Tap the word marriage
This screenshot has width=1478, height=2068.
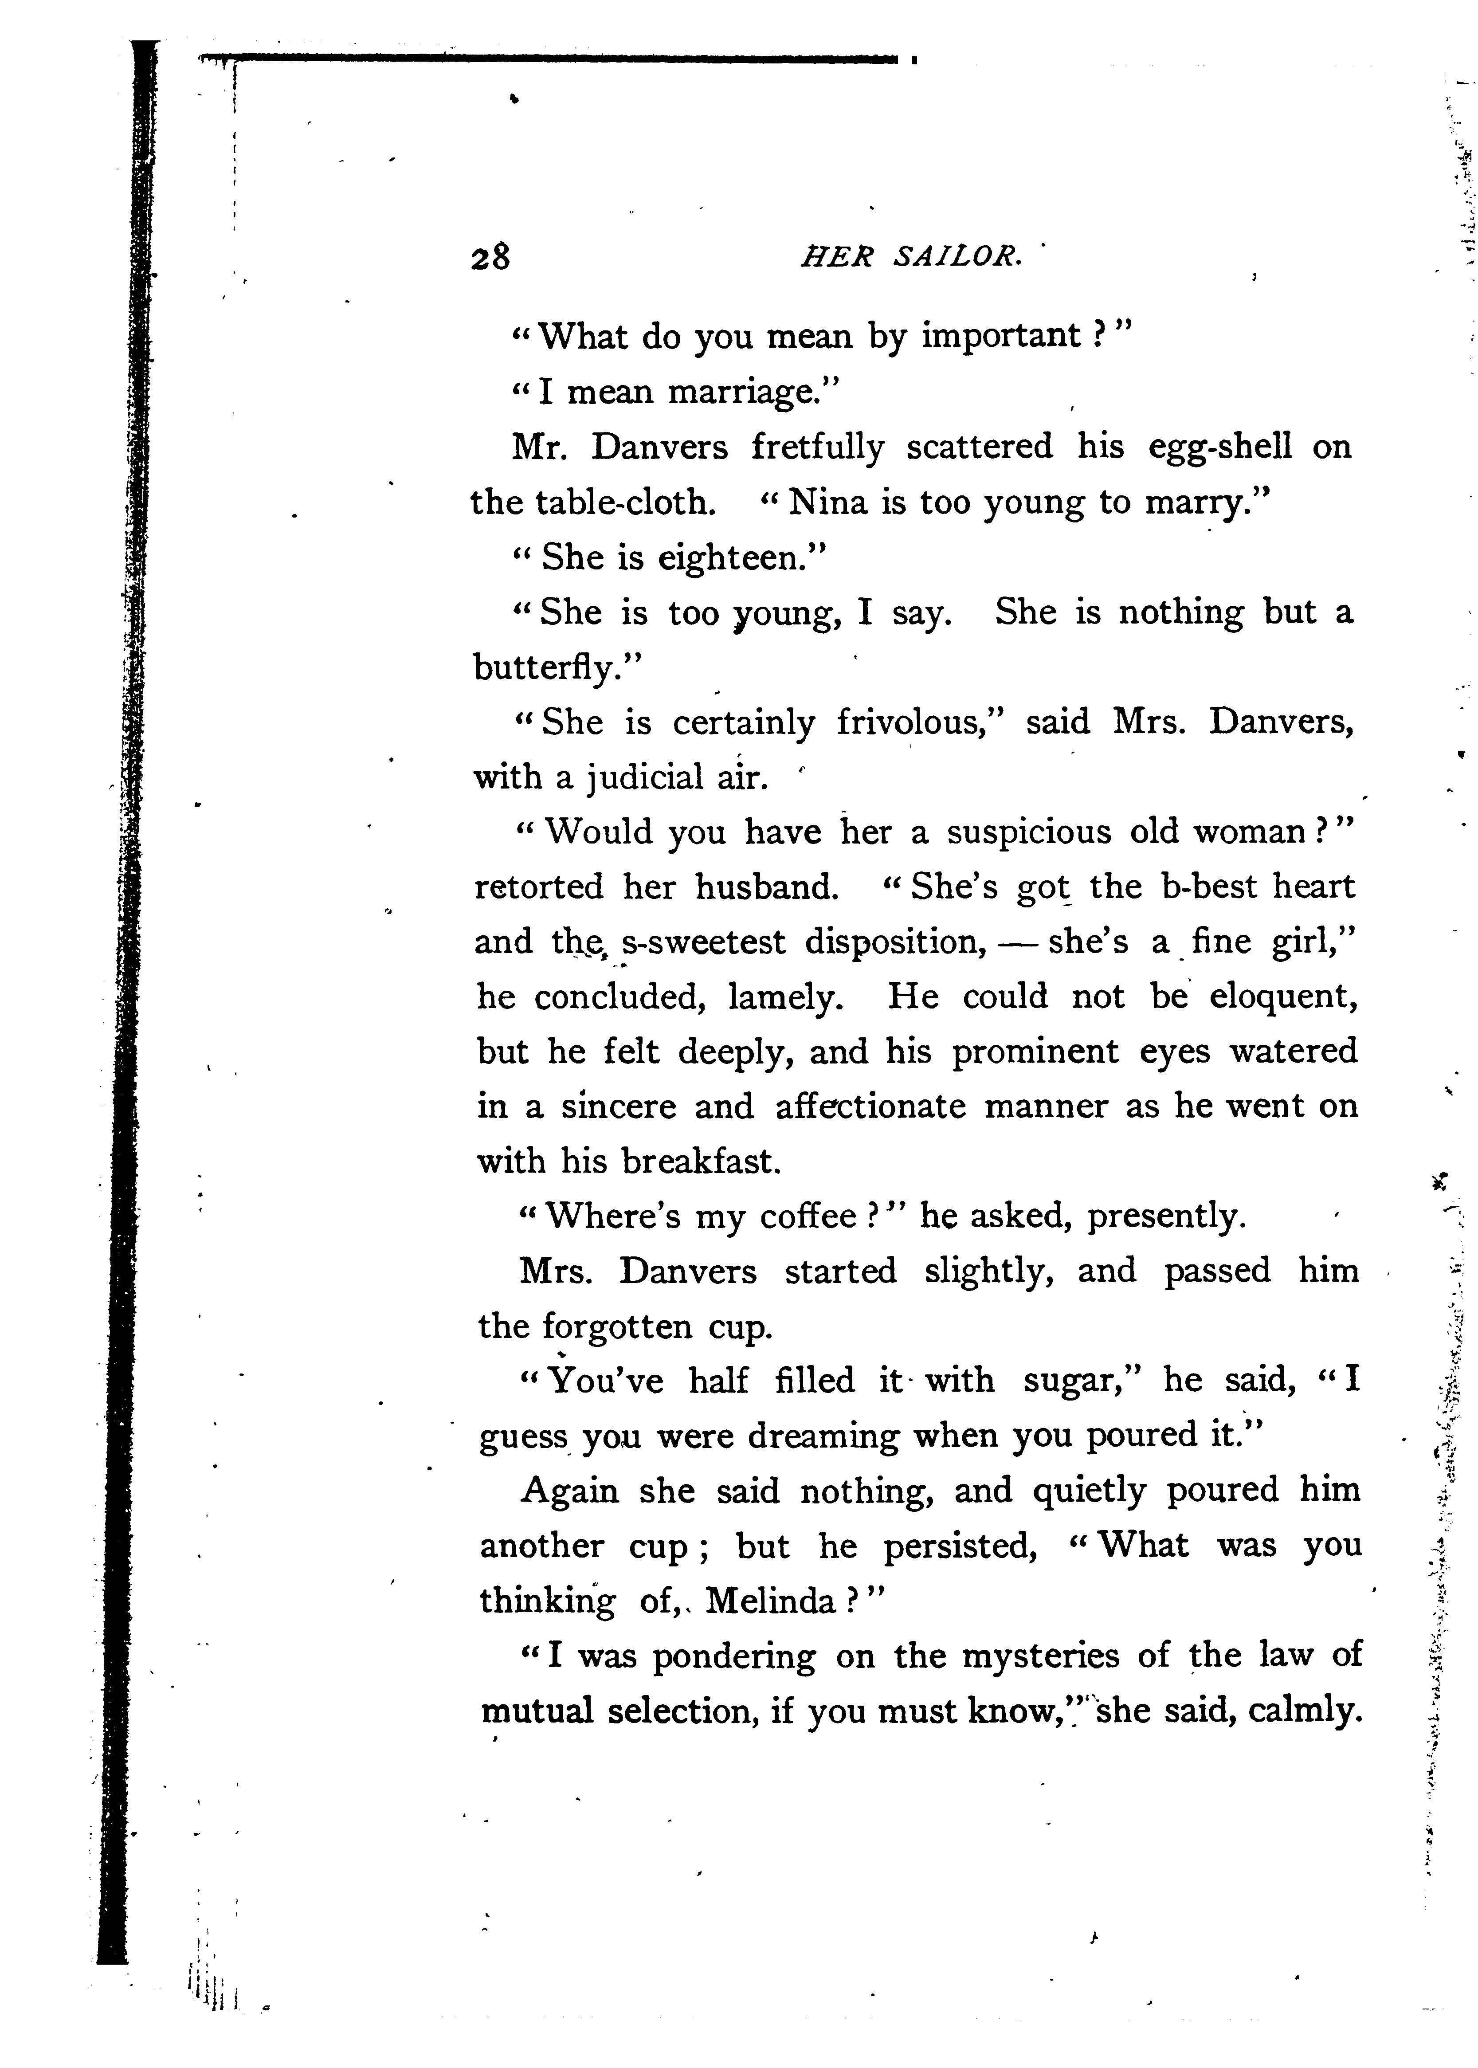point(751,392)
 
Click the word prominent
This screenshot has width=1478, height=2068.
point(1035,1051)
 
